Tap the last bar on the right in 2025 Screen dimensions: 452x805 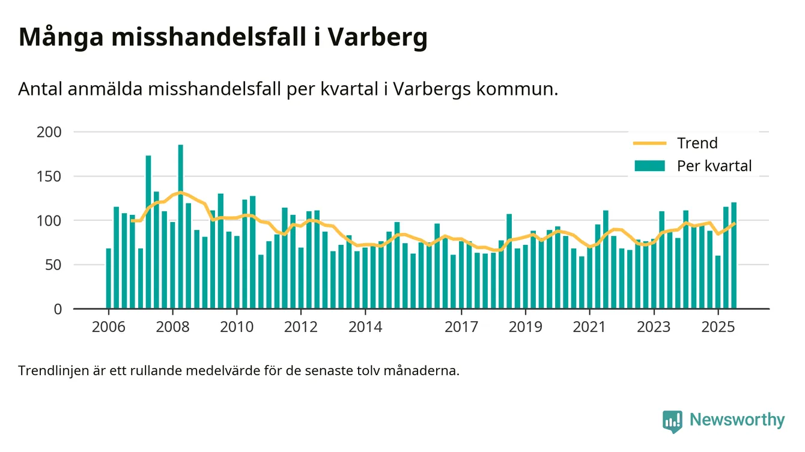coord(734,256)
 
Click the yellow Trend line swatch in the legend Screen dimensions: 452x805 coord(649,143)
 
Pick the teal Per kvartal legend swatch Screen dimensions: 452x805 coord(649,166)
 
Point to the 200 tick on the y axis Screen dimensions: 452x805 coord(49,132)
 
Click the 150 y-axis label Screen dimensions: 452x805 coord(49,176)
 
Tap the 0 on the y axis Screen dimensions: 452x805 coord(58,309)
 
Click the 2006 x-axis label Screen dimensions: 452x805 coord(108,328)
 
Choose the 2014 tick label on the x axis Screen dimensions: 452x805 coord(365,328)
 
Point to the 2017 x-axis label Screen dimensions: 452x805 coord(461,328)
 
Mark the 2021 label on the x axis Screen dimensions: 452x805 coord(589,328)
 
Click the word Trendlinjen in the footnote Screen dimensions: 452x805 coord(52,370)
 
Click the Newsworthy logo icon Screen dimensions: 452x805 coord(672,421)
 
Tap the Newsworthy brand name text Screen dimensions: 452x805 coord(737,420)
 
